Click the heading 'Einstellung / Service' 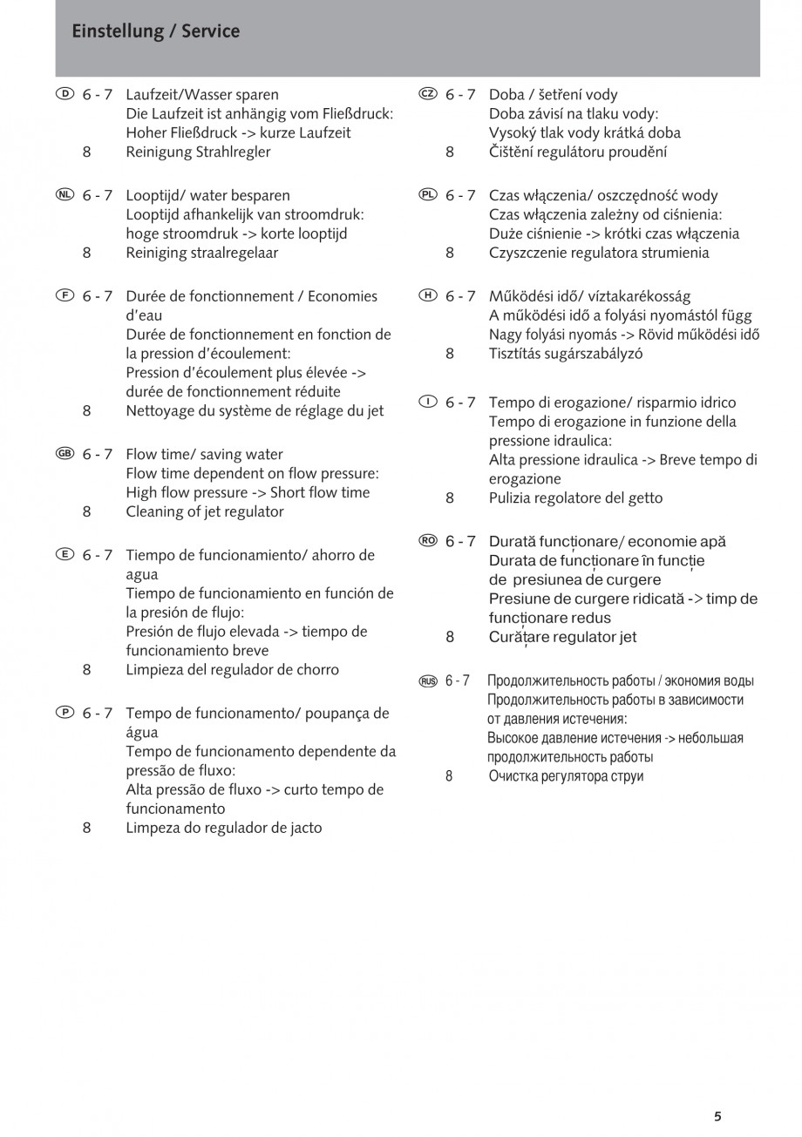pos(156,31)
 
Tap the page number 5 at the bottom pos(717,1116)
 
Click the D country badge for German pos(65,94)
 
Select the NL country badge pos(65,195)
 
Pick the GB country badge pos(65,454)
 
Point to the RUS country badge pos(427,681)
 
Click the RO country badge pos(427,541)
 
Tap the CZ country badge pos(427,94)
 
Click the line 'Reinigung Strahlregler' pos(198,152)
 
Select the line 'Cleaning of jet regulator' pos(205,511)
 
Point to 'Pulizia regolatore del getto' pos(575,498)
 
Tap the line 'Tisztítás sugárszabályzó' pos(565,354)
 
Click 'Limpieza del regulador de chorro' pos(232,670)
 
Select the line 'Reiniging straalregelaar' pos(201,253)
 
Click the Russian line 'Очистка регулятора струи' pos(566,775)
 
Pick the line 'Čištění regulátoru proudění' pos(578,152)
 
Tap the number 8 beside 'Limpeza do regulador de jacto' pos(87,828)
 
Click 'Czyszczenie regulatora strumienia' pos(599,253)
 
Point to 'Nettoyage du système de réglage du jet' pos(255,410)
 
